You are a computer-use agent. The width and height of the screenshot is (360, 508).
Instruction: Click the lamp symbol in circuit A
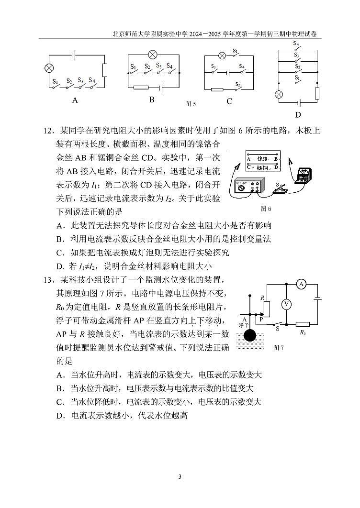coord(48,68)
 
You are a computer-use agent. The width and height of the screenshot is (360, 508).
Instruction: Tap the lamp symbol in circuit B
coord(152,54)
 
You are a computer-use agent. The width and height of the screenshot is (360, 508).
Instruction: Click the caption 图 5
coord(191,103)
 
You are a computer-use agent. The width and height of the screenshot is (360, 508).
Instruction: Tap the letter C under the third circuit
coord(229,101)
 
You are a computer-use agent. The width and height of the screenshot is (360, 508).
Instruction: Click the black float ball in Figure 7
coord(249,335)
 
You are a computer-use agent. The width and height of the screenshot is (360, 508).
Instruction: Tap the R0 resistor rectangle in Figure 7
coord(303,324)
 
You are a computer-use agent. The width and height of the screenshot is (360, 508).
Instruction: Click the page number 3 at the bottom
coord(180,476)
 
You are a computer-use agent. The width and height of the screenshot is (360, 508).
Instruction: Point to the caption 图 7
coord(279,348)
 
